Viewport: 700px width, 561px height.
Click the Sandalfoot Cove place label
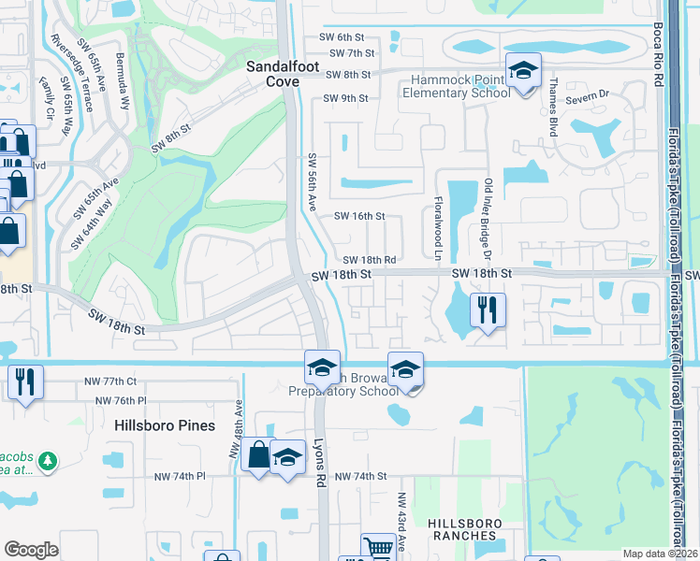pos(272,74)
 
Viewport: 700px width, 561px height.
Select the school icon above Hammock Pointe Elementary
pos(524,70)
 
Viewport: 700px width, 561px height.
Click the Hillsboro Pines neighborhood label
pos(165,425)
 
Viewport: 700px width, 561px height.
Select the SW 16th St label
pos(360,216)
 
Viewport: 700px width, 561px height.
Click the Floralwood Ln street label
pos(437,229)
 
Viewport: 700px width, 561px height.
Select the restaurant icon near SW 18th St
pos(487,310)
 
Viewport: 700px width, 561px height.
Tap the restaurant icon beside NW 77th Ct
pos(24,381)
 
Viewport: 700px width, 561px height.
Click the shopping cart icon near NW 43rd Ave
pos(378,548)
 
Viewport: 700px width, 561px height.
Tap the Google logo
pos(31,550)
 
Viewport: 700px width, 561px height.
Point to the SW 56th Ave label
pos(314,182)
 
